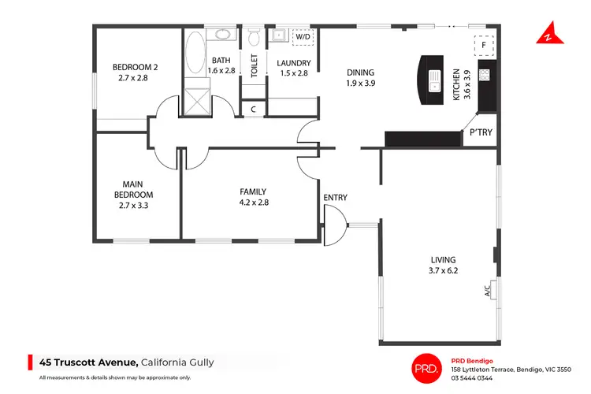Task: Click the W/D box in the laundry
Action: pos(303,37)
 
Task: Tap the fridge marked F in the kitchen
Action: pos(483,44)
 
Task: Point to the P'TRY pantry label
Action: pos(481,132)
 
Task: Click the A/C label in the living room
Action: pos(489,290)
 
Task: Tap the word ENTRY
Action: pos(335,198)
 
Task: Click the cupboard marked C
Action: pos(253,110)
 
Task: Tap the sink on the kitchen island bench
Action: pos(434,80)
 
